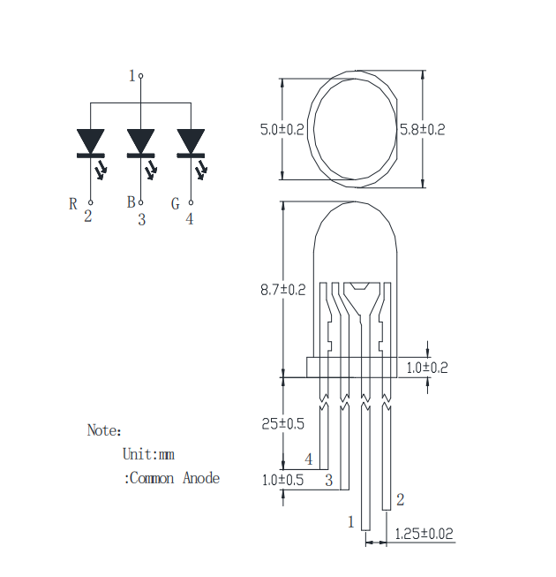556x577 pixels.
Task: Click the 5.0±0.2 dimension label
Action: coord(282,130)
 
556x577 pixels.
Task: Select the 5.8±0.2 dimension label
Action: coord(422,130)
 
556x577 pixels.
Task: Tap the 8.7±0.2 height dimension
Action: coord(283,290)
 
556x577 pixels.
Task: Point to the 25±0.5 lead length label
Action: coord(283,424)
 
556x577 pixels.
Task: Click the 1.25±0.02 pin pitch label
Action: coord(424,534)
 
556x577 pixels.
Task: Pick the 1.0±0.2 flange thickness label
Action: coord(427,368)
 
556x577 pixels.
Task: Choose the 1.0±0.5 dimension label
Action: coord(282,480)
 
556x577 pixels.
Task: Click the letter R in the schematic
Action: coord(73,204)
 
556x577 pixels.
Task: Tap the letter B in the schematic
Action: coord(131,202)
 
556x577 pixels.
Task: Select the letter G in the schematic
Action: coord(176,204)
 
